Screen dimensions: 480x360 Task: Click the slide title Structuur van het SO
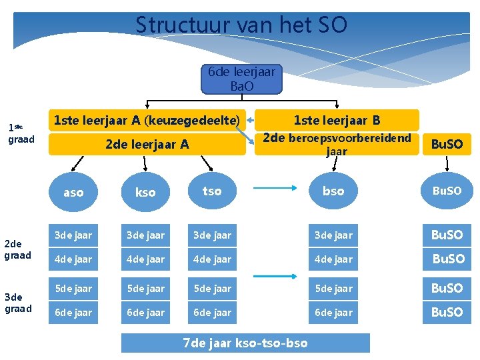[241, 25]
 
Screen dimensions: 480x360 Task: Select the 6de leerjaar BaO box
[241, 79]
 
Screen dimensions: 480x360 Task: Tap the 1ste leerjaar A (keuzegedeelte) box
[147, 121]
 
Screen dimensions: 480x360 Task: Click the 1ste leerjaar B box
[337, 121]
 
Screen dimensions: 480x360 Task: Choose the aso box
[73, 192]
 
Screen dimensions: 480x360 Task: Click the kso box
[145, 192]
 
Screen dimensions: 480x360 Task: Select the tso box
[212, 191]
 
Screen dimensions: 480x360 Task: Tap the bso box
[333, 191]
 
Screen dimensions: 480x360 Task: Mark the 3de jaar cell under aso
[73, 235]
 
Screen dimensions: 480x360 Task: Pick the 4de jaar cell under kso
[145, 259]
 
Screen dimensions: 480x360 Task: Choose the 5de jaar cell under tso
[212, 289]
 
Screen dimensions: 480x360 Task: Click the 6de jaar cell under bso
[333, 312]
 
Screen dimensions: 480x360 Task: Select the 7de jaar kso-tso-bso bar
[245, 343]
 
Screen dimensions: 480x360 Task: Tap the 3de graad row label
[17, 303]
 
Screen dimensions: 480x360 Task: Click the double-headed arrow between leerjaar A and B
[251, 121]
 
